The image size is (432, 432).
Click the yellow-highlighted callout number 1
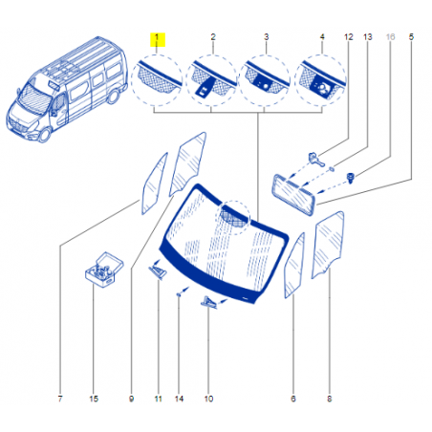point(157,37)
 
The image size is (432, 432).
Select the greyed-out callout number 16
point(390,37)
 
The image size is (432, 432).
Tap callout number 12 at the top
point(349,37)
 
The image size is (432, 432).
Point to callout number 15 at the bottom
point(94,399)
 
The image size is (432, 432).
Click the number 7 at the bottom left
point(60,399)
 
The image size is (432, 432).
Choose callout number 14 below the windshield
point(179,399)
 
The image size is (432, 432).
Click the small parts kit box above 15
point(104,270)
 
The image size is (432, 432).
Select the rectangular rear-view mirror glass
point(293,195)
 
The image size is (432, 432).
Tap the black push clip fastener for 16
point(351,178)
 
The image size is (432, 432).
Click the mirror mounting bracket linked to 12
point(315,160)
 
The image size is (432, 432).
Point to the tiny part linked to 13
point(332,168)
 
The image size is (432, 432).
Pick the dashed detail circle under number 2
point(211,80)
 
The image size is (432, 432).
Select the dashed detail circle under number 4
point(320,80)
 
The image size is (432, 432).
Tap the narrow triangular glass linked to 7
point(155,184)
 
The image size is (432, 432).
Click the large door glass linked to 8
point(328,245)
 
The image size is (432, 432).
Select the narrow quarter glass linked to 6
point(294,266)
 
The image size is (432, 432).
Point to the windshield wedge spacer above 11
point(158,271)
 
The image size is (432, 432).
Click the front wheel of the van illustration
point(44,135)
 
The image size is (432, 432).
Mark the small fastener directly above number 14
point(179,295)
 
